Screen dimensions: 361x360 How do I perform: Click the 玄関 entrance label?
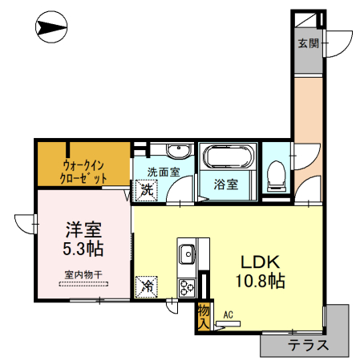pos(309,43)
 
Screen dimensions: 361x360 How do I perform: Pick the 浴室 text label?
pos(226,185)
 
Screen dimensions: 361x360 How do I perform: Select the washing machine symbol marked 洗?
pos(146,190)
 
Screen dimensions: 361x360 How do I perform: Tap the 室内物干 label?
pos(83,275)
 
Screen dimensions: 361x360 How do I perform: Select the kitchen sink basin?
pos(186,254)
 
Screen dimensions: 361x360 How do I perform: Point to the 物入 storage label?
pos(203,315)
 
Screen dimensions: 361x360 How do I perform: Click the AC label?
pos(229,314)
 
